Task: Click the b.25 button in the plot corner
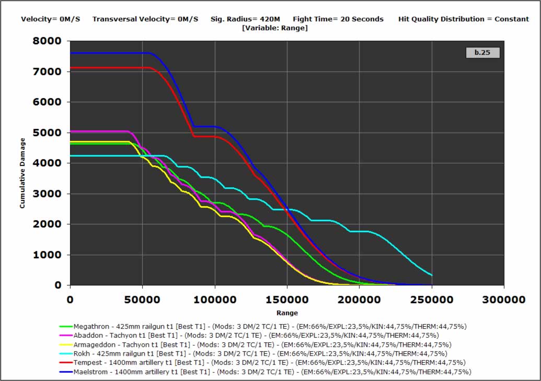(x=482, y=53)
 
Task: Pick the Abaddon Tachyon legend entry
(x=256, y=335)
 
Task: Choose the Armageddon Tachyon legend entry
(x=262, y=344)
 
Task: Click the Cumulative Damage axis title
(x=22, y=173)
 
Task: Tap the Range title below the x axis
(x=287, y=313)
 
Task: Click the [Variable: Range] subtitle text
(x=275, y=28)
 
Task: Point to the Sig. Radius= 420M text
(x=245, y=19)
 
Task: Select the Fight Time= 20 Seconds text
(x=338, y=19)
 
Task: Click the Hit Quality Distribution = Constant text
(x=464, y=19)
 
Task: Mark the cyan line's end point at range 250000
(x=432, y=275)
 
